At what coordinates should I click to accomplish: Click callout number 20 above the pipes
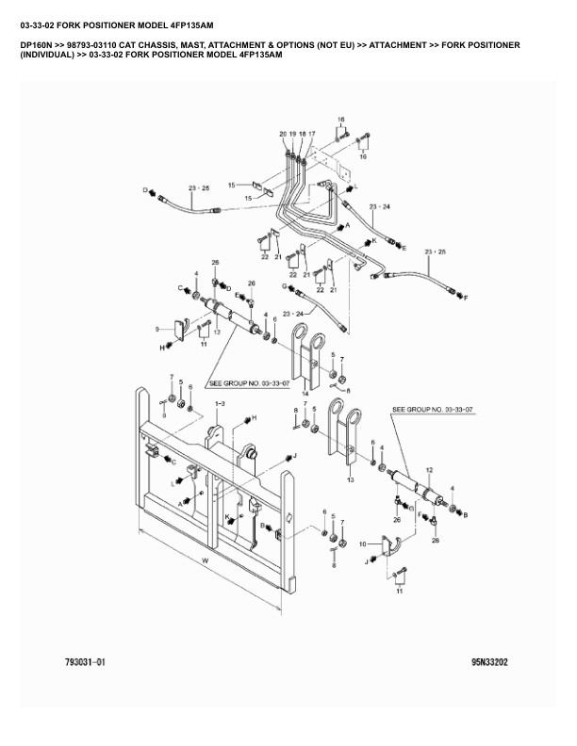point(283,135)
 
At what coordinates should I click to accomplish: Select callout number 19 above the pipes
point(292,135)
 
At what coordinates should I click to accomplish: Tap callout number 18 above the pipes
point(302,135)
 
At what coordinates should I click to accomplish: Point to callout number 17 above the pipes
point(311,135)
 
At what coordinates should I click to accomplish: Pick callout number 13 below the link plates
point(351,479)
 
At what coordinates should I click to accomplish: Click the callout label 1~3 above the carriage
point(219,403)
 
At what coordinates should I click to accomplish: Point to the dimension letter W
point(205,563)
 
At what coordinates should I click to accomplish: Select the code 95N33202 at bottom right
point(490,662)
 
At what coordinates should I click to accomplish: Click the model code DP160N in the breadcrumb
point(39,45)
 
